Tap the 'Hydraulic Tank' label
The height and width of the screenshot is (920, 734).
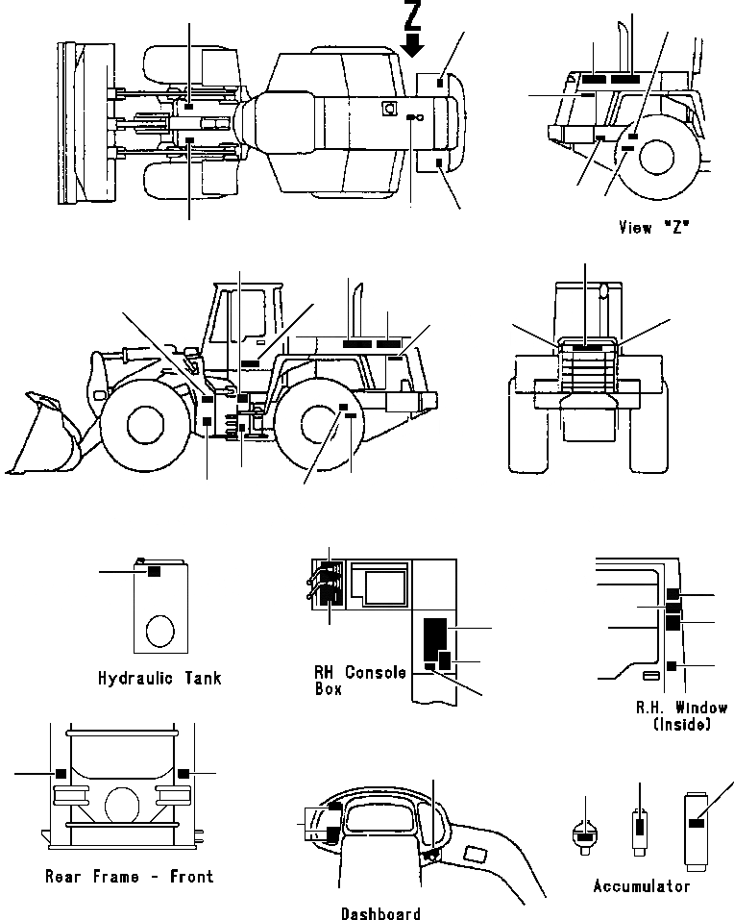click(x=159, y=679)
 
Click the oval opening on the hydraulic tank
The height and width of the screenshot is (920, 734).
click(x=159, y=632)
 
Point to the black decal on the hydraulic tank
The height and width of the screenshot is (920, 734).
click(x=153, y=572)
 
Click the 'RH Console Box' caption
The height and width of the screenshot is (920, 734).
click(x=360, y=680)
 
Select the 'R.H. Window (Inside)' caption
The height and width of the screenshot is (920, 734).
click(x=680, y=716)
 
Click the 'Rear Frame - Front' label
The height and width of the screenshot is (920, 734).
click(x=130, y=876)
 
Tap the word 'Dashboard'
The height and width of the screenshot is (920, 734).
click(x=380, y=913)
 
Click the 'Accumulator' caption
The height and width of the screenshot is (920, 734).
click(x=641, y=885)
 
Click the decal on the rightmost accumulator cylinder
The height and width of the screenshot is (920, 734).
click(x=697, y=822)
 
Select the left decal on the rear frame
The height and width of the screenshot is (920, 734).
click(x=61, y=771)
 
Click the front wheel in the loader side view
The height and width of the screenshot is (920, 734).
click(x=143, y=423)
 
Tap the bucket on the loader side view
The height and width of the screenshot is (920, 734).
click(x=43, y=437)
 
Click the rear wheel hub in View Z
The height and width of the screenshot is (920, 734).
click(x=657, y=158)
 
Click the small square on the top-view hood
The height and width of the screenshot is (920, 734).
click(x=390, y=109)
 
